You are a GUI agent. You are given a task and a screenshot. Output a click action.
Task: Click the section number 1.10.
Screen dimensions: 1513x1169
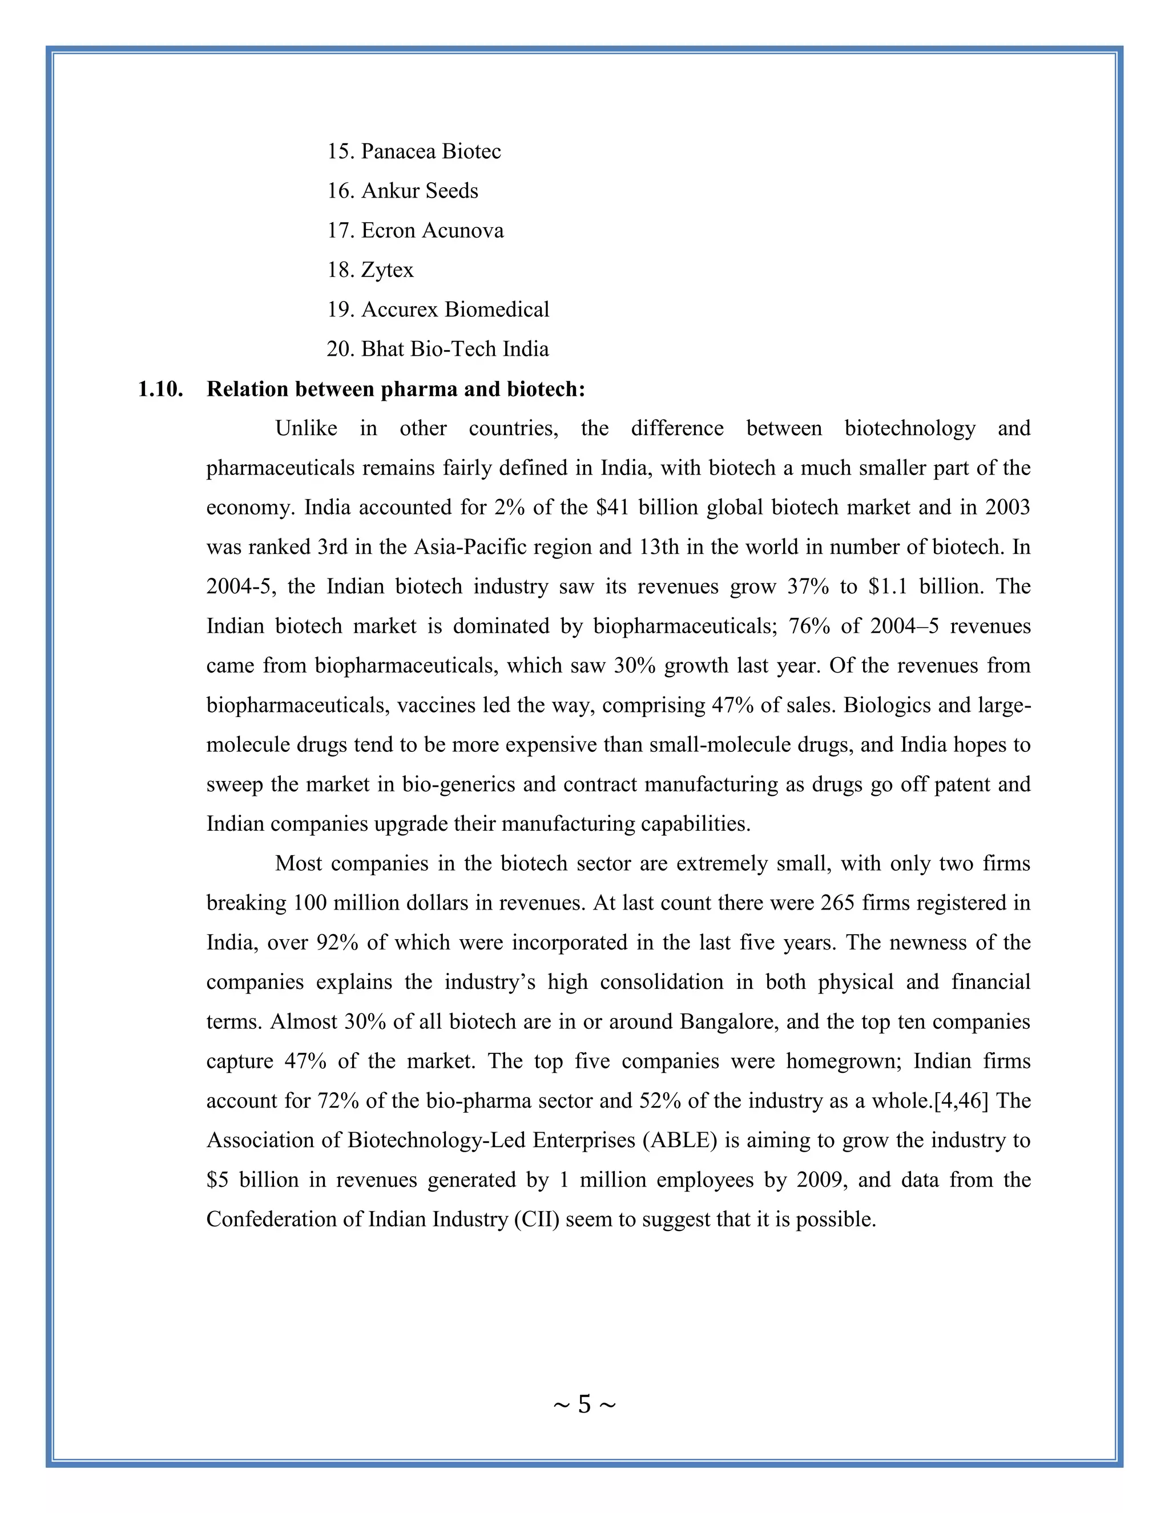160,389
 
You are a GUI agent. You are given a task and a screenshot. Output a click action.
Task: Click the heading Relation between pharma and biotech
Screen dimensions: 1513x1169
396,389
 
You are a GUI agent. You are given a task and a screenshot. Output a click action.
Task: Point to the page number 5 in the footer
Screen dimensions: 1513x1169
584,1405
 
